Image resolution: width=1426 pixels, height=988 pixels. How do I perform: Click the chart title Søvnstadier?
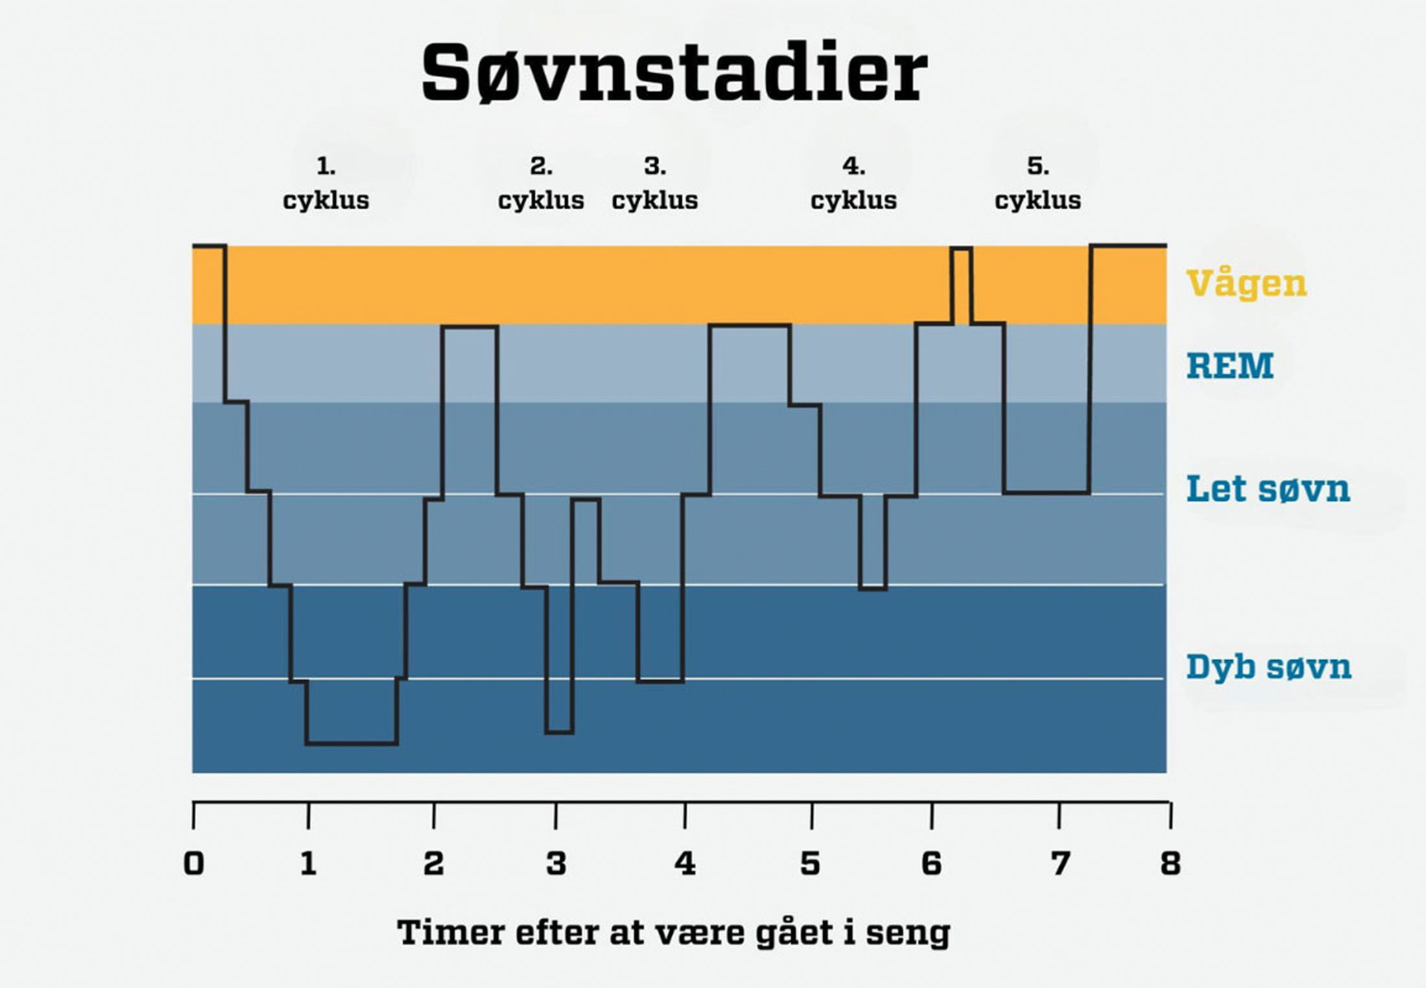click(x=674, y=73)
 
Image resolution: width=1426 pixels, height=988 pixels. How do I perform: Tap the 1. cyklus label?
click(x=326, y=183)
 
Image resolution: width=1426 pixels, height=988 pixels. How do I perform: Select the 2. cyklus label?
click(x=541, y=183)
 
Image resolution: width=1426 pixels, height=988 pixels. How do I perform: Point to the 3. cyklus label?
click(x=655, y=183)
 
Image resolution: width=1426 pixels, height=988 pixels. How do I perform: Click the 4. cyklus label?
click(x=854, y=183)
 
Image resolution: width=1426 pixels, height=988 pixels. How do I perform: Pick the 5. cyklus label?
click(x=1038, y=183)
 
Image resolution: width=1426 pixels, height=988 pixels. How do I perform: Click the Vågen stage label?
click(x=1246, y=284)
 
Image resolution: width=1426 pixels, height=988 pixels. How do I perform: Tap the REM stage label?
click(x=1230, y=366)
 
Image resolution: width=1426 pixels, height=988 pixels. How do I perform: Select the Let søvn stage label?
click(x=1268, y=489)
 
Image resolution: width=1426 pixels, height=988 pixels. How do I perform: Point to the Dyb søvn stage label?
click(x=1268, y=667)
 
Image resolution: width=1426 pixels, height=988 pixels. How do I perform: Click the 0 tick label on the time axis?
click(x=193, y=864)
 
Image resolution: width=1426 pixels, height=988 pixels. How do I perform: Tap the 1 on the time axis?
click(x=309, y=864)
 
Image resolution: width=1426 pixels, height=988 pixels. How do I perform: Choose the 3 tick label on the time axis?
click(x=555, y=864)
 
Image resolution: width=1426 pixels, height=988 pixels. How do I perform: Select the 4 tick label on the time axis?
click(x=684, y=864)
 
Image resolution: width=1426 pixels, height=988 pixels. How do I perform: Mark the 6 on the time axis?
click(x=931, y=864)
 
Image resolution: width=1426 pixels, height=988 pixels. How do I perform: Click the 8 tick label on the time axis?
click(x=1170, y=864)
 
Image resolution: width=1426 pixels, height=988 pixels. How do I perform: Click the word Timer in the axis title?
click(x=451, y=933)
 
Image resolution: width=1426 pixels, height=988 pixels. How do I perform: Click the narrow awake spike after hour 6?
click(x=961, y=285)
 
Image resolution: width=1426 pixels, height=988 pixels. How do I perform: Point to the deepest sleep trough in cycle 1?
click(x=351, y=743)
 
